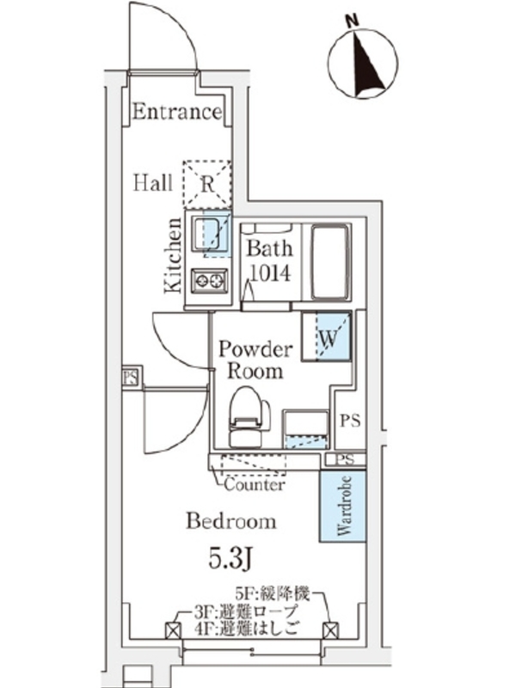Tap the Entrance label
[177, 112]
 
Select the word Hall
[153, 182]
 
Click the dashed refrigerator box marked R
[207, 182]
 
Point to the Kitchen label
[173, 255]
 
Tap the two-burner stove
[209, 280]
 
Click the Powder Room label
[255, 360]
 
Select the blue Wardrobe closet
[341, 506]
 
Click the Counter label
[255, 485]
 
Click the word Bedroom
[231, 521]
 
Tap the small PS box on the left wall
[131, 378]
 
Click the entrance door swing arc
[163, 34]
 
